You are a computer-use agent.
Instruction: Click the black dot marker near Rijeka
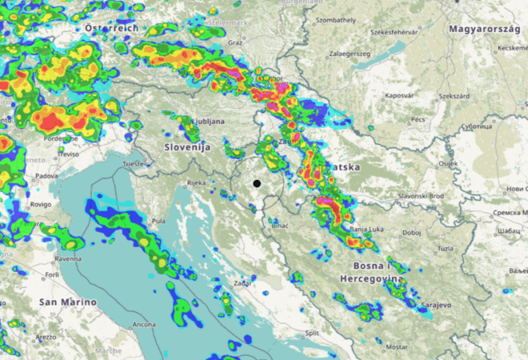257,183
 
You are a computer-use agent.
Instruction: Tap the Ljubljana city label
206,122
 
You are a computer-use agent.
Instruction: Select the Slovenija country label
187,147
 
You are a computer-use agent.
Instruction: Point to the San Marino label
67,302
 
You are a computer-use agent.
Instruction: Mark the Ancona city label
144,324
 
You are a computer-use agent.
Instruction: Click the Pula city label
158,221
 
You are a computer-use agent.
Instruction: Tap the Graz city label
234,42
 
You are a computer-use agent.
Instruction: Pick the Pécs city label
418,118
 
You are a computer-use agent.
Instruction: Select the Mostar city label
396,347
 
